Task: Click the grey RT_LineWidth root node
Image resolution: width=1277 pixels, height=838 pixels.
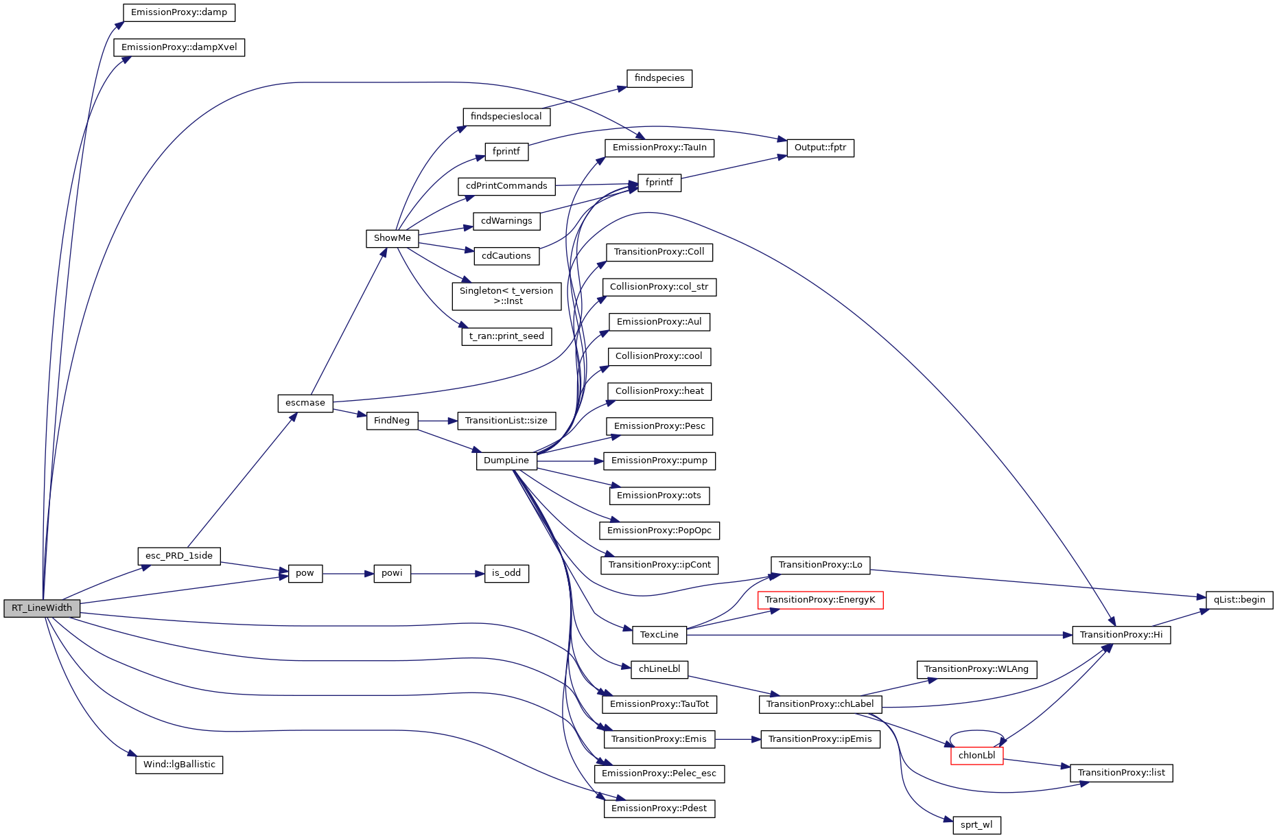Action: click(42, 608)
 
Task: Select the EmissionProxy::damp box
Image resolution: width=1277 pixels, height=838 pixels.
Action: click(179, 12)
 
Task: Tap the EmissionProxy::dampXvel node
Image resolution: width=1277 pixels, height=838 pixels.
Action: click(179, 47)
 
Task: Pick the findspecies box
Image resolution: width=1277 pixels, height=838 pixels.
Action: click(659, 78)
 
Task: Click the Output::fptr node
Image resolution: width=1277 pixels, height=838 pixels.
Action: click(820, 148)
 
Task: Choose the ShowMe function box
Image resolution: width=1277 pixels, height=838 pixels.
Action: click(393, 238)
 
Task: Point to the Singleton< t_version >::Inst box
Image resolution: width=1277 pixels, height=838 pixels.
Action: click(506, 296)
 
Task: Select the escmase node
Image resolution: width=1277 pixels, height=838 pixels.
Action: click(305, 403)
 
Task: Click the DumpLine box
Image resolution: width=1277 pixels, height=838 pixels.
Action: click(506, 461)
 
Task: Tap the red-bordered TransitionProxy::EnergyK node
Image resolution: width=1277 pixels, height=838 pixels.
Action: click(820, 600)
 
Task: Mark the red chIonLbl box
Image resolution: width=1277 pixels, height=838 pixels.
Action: click(976, 756)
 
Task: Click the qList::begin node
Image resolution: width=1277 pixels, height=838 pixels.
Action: click(1239, 600)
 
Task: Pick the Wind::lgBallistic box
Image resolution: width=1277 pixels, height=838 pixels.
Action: click(179, 765)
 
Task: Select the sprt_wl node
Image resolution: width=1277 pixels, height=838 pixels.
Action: click(976, 825)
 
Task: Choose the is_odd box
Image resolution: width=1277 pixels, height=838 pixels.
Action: click(506, 573)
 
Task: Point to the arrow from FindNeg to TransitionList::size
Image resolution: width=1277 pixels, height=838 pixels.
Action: click(438, 421)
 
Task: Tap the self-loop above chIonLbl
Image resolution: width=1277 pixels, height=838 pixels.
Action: click(976, 732)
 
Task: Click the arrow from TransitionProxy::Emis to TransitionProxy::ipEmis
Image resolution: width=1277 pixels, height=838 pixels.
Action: click(738, 739)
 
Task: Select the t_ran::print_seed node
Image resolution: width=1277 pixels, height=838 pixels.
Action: click(506, 336)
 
